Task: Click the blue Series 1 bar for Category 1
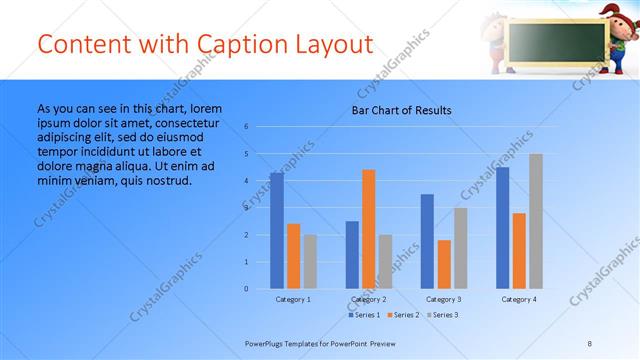276,231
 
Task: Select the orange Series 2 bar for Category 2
368,229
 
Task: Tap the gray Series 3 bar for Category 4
536,221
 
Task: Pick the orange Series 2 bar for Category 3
443,264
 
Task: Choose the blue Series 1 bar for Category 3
427,241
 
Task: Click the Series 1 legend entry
364,315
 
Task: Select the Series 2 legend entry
402,315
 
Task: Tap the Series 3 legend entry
440,315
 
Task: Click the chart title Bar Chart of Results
401,110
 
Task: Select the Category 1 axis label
293,299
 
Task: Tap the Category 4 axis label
518,299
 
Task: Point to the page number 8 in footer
590,343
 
